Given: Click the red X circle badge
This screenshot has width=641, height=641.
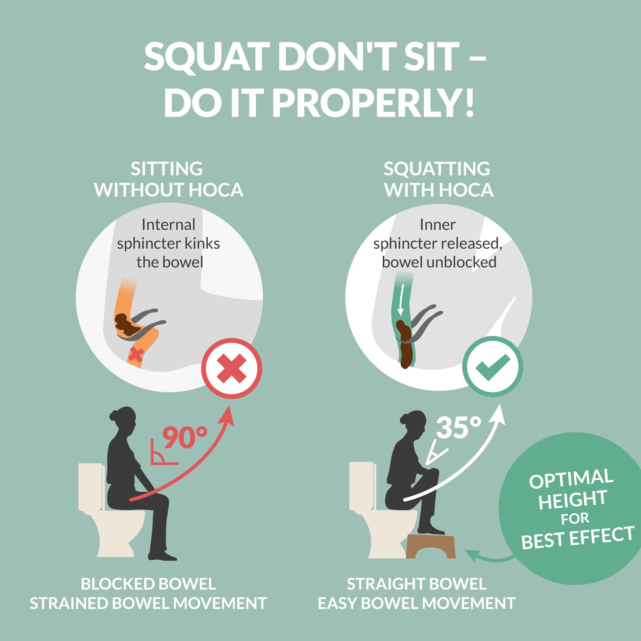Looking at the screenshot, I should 231,368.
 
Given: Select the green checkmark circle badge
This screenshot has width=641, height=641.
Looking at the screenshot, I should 492,367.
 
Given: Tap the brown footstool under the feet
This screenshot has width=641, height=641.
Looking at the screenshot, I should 430,546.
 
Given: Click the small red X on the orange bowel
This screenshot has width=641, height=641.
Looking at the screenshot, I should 136,355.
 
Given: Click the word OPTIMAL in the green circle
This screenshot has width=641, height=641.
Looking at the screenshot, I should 571,478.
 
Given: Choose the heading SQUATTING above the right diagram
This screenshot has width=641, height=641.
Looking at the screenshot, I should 437,169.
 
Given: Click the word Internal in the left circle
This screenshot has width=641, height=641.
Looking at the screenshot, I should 169,225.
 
